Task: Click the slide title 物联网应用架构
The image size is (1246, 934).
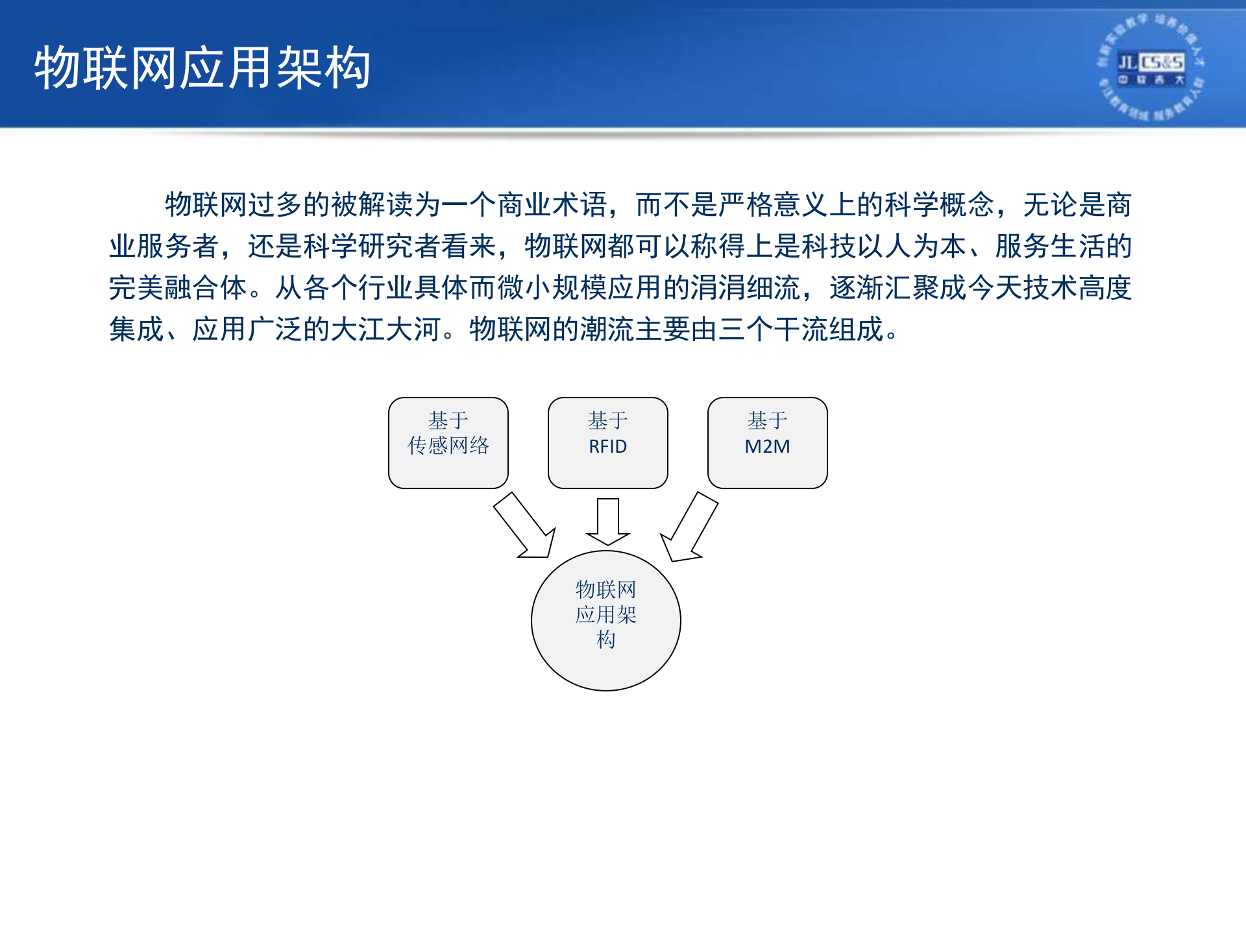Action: click(x=202, y=67)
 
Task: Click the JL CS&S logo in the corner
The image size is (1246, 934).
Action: click(x=1151, y=67)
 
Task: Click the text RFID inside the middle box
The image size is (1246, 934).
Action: click(x=607, y=447)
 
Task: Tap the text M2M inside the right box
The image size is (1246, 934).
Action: click(x=767, y=447)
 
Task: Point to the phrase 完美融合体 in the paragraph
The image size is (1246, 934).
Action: click(x=178, y=288)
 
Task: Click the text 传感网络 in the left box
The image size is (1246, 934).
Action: click(x=448, y=446)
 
